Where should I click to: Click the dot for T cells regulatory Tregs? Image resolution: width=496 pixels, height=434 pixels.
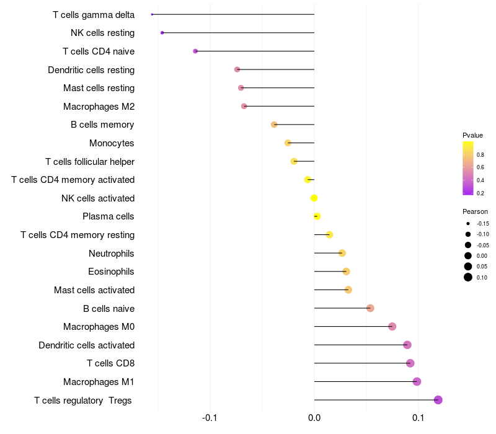pyautogui.click(x=438, y=400)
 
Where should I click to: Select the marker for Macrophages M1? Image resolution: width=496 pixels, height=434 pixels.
pyautogui.click(x=417, y=381)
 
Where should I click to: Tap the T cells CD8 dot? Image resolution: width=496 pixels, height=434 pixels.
pyautogui.click(x=410, y=363)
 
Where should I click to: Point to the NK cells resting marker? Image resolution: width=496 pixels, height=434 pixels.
pyautogui.click(x=162, y=33)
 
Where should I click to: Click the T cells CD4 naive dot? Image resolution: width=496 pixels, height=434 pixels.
pyautogui.click(x=195, y=51)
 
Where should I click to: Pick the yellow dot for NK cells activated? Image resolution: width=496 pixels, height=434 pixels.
pyautogui.click(x=314, y=198)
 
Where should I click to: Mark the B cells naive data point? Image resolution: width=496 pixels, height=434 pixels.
pyautogui.click(x=370, y=308)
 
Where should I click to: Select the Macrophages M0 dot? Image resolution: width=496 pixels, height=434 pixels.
pyautogui.click(x=392, y=327)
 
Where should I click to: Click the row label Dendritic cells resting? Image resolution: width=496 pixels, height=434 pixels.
pyautogui.click(x=91, y=70)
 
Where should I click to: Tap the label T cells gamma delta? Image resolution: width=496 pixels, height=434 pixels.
pyautogui.click(x=94, y=15)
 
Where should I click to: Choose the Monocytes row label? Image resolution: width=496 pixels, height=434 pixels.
pyautogui.click(x=112, y=143)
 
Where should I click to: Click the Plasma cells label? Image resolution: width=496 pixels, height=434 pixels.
pyautogui.click(x=108, y=216)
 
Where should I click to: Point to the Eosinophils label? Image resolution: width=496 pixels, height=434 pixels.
pyautogui.click(x=111, y=272)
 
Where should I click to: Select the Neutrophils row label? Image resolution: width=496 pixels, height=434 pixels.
pyautogui.click(x=112, y=254)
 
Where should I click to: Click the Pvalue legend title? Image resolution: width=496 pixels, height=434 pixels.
pyautogui.click(x=472, y=135)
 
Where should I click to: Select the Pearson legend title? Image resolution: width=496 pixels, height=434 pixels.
pyautogui.click(x=475, y=211)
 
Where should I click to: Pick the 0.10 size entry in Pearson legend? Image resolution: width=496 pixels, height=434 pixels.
pyautogui.click(x=468, y=277)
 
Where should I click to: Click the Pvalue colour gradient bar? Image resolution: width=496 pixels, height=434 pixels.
pyautogui.click(x=468, y=168)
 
